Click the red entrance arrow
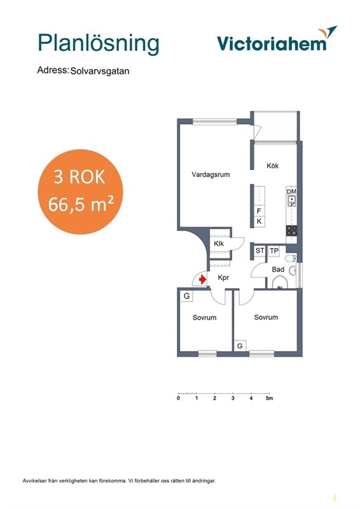202,279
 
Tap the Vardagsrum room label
211,174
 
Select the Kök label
272,165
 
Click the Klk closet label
219,244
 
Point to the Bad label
278,269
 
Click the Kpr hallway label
223,278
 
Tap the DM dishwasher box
291,192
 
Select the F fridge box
259,211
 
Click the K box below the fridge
259,221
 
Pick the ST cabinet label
260,251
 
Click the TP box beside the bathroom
274,251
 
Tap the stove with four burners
291,231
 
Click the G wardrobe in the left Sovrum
186,296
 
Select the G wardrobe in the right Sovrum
240,346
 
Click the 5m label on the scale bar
270,398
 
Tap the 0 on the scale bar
178,398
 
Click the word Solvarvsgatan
100,71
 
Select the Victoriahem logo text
272,43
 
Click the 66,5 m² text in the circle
81,204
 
